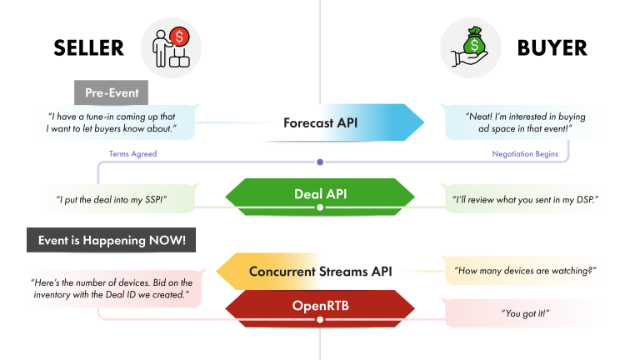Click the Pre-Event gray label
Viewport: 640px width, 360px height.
(111, 92)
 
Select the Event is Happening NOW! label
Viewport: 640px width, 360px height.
(112, 242)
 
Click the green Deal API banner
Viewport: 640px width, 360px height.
(320, 194)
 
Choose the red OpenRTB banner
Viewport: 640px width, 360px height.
(320, 306)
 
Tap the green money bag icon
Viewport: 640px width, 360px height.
(471, 44)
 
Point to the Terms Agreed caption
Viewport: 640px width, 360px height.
(132, 154)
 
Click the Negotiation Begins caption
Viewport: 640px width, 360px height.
(512, 154)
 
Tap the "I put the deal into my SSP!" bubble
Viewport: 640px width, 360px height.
(112, 199)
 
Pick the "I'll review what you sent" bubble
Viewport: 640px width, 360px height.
(525, 199)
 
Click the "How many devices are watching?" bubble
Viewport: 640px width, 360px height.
(524, 271)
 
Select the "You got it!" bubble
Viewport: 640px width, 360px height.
(525, 312)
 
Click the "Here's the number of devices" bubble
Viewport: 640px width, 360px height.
(112, 288)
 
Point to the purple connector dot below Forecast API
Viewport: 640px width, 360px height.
(320, 162)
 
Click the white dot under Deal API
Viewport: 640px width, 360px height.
(320, 207)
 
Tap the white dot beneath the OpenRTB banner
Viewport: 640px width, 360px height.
(320, 319)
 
